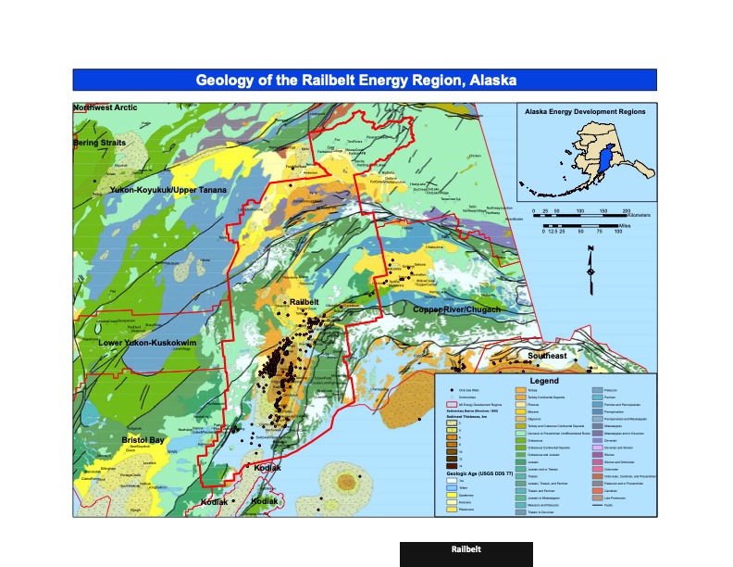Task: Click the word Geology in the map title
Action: click(222, 80)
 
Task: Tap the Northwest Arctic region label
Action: click(106, 108)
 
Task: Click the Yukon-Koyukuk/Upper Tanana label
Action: click(168, 191)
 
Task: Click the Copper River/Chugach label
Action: click(456, 309)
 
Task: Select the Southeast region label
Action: click(547, 355)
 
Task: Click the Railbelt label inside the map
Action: click(304, 303)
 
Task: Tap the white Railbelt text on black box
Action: click(466, 549)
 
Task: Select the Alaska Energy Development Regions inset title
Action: click(584, 111)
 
